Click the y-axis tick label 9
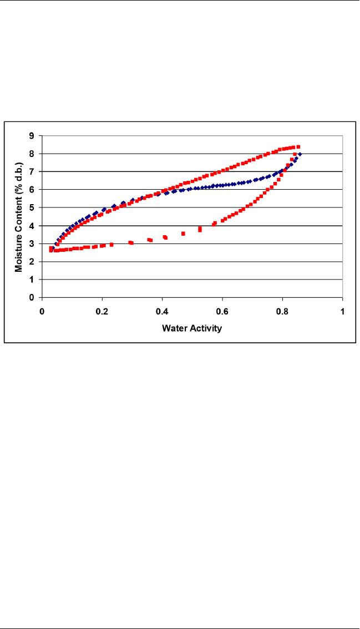[x=32, y=135]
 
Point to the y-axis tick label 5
[x=32, y=207]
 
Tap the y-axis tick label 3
[x=32, y=244]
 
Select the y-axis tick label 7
[x=32, y=171]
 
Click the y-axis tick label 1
[x=32, y=280]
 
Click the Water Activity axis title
[x=192, y=328]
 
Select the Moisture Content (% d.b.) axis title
[x=19, y=216]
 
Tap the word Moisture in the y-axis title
[x=19, y=255]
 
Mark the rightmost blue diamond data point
[x=300, y=154]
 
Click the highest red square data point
[x=298, y=147]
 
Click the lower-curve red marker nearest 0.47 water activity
[x=183, y=234]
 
